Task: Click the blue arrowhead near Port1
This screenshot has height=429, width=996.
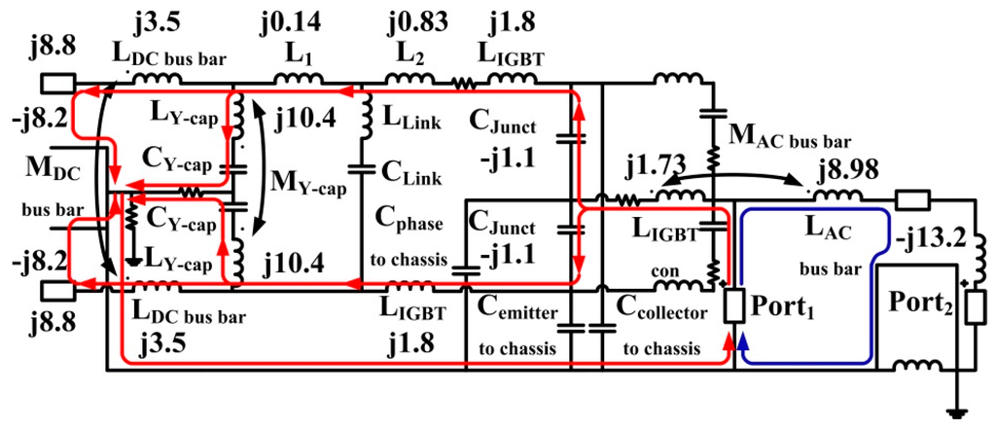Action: (744, 340)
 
